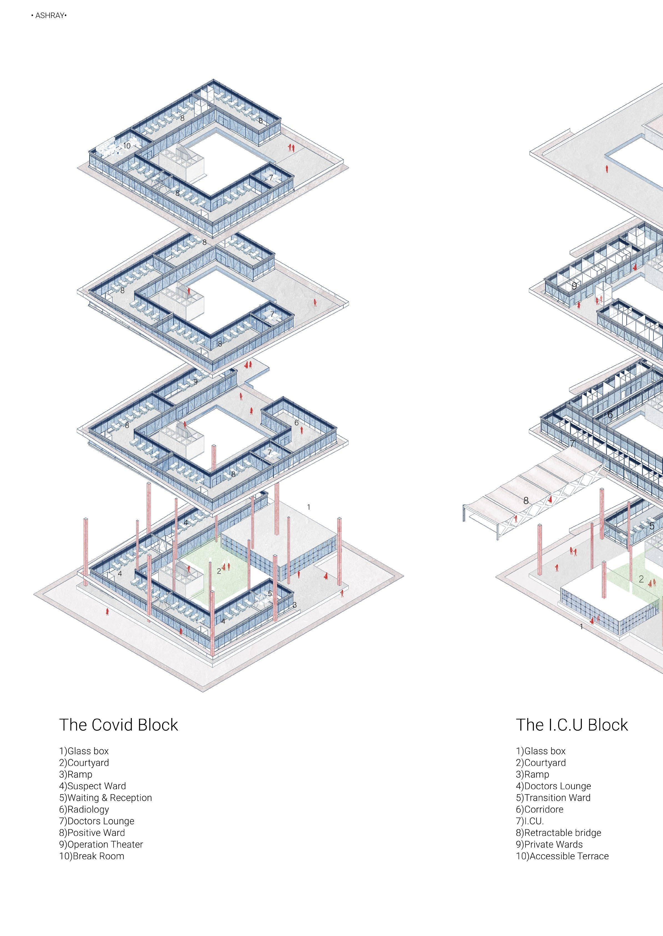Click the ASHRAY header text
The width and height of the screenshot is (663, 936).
click(49, 16)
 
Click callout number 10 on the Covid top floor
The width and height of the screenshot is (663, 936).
click(127, 146)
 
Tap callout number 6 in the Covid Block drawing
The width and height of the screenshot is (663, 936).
click(296, 423)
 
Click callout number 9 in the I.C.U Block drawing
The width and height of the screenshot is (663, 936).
click(574, 286)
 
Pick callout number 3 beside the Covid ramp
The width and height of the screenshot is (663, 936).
click(294, 605)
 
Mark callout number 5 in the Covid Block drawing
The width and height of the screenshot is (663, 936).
click(270, 593)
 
